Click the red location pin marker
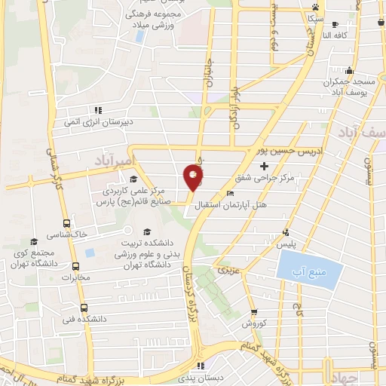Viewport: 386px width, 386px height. click(x=193, y=176)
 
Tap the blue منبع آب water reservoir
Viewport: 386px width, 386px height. click(x=300, y=265)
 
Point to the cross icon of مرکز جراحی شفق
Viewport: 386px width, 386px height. click(x=263, y=166)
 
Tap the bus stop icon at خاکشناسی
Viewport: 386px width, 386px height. click(x=67, y=224)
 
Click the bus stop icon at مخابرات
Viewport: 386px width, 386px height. click(x=75, y=265)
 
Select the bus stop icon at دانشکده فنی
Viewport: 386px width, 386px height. click(x=83, y=307)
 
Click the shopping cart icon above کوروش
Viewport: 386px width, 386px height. click(x=254, y=311)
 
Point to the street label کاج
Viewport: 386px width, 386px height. click(x=299, y=309)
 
